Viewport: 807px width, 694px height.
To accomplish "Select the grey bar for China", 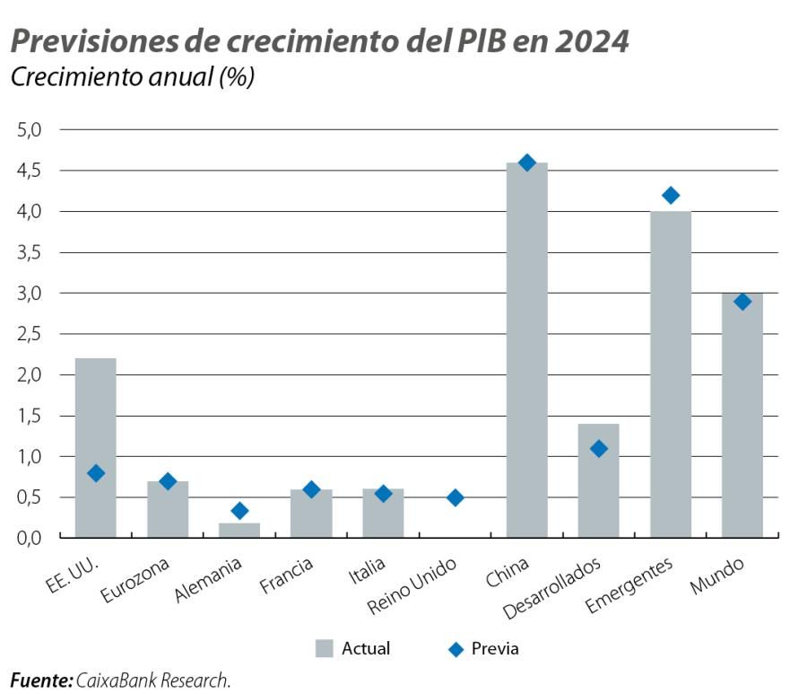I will click(x=526, y=350).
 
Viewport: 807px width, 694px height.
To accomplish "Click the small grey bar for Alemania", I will click(x=239, y=530).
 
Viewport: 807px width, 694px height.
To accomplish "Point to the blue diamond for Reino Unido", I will click(x=455, y=497).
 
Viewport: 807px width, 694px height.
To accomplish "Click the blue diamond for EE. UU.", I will click(x=96, y=473).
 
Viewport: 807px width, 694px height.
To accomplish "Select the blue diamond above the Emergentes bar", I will click(x=670, y=196).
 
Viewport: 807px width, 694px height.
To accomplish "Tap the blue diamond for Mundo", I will click(x=742, y=302).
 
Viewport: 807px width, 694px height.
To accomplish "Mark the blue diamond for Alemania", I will click(x=239, y=511).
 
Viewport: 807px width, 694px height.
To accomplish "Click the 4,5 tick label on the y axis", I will click(x=30, y=171).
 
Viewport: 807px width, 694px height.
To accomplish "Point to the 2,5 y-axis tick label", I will click(x=30, y=334).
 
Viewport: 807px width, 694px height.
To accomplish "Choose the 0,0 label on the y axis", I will click(x=30, y=538).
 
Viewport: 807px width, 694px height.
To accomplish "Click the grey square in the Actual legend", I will click(x=325, y=647).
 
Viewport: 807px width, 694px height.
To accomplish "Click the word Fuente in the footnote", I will click(x=39, y=681).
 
